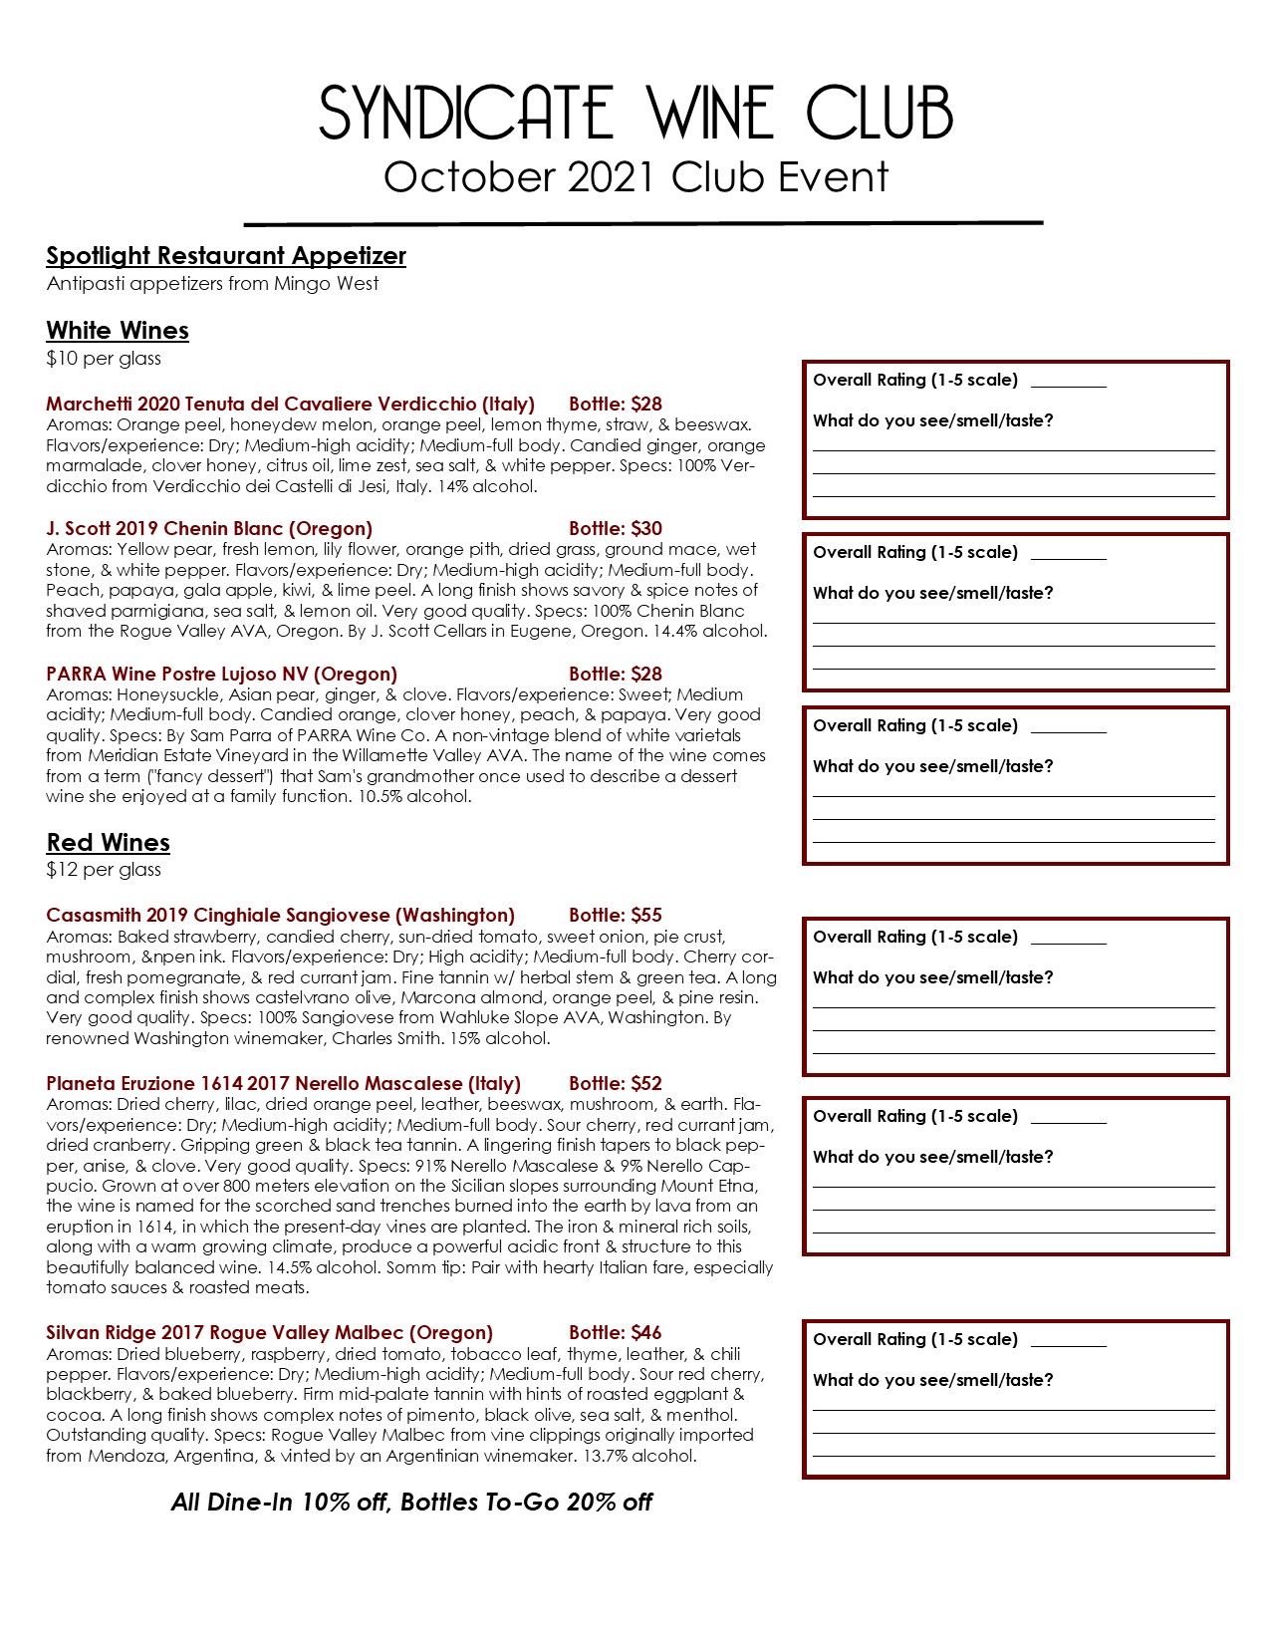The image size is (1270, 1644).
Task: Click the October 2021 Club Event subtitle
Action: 635,177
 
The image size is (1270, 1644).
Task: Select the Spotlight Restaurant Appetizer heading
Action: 226,256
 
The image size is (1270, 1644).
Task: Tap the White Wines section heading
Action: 118,330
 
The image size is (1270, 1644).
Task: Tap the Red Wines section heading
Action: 108,842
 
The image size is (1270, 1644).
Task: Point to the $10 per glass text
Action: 104,359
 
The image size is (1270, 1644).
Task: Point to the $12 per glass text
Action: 104,870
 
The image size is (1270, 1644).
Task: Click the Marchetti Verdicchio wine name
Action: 290,405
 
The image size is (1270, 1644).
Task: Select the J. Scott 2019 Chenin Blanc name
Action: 209,528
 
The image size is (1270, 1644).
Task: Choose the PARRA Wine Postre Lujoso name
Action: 221,674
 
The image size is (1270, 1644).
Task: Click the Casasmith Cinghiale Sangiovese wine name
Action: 280,915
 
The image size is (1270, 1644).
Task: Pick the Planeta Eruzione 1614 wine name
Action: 283,1083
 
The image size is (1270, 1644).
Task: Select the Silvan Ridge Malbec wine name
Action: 269,1332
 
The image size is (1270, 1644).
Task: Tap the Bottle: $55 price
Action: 615,915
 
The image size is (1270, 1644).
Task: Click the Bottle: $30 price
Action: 615,528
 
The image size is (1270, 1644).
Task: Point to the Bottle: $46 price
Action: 615,1332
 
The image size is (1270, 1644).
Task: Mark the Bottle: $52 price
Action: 615,1083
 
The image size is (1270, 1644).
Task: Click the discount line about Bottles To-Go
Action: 411,1502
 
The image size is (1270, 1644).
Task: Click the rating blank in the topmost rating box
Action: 1068,382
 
